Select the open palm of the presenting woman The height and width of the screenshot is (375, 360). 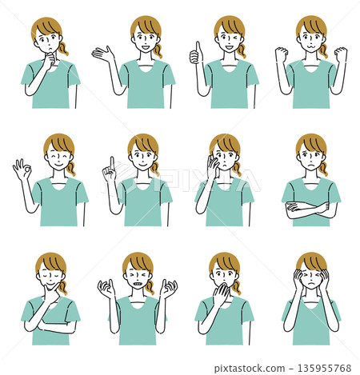pos(102,54)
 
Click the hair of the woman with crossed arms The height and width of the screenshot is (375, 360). pos(310,144)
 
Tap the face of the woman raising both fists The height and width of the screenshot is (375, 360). pos(310,40)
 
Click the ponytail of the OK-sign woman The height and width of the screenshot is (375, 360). pos(71,169)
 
